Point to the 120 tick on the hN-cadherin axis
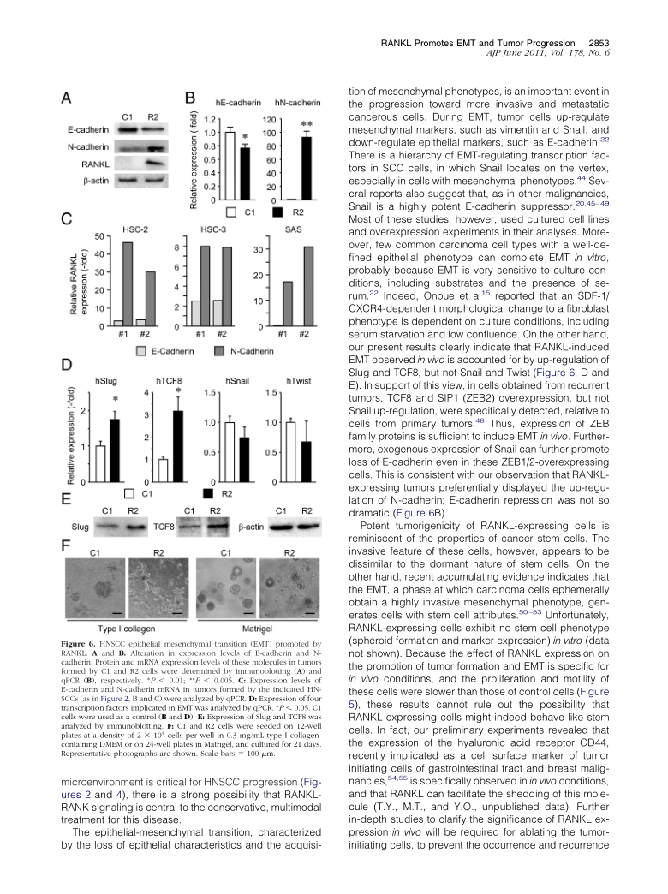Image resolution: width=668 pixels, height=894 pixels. (268, 121)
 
